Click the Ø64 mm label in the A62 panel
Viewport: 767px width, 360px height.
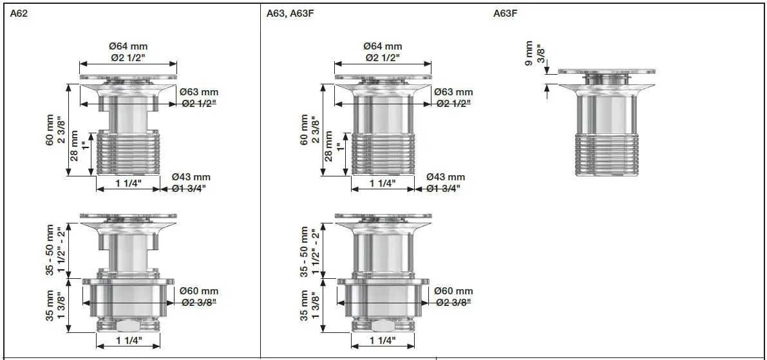pyautogui.click(x=128, y=46)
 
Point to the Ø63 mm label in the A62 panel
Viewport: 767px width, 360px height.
pyautogui.click(x=198, y=92)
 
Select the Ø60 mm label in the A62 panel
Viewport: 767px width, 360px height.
pyautogui.click(x=199, y=291)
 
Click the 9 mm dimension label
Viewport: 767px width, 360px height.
pyautogui.click(x=529, y=54)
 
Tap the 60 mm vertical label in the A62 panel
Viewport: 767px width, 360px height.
pyautogui.click(x=50, y=131)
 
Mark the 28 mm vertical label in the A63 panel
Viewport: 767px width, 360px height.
pyautogui.click(x=328, y=146)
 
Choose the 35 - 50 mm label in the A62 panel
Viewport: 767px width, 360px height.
pyautogui.click(x=50, y=252)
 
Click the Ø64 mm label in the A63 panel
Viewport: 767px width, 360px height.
pyautogui.click(x=383, y=46)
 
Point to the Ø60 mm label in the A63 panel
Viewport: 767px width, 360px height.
pyautogui.click(x=453, y=291)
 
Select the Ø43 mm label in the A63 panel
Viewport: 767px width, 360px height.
pyautogui.click(x=446, y=177)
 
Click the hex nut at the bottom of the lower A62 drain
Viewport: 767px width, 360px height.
pyautogui.click(x=128, y=326)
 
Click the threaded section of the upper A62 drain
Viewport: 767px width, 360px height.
pyautogui.click(x=128, y=153)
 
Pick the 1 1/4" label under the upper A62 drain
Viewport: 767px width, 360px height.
pyautogui.click(x=128, y=184)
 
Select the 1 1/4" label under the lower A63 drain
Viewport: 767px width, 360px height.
pyautogui.click(x=383, y=340)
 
